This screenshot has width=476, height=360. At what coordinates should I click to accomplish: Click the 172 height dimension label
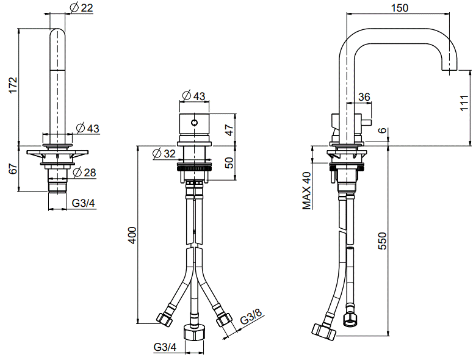click(x=13, y=85)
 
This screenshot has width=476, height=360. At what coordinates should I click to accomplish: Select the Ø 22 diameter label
click(x=81, y=7)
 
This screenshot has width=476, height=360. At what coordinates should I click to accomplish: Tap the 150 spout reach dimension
click(x=400, y=7)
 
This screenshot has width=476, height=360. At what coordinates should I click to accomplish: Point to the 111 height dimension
click(x=464, y=103)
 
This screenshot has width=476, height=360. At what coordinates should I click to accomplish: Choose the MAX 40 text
click(x=306, y=190)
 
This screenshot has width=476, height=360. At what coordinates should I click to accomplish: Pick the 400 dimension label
click(x=132, y=235)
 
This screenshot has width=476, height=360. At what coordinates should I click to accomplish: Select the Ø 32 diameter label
click(x=164, y=154)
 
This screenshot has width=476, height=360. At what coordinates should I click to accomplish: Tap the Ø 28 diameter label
click(x=84, y=173)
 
